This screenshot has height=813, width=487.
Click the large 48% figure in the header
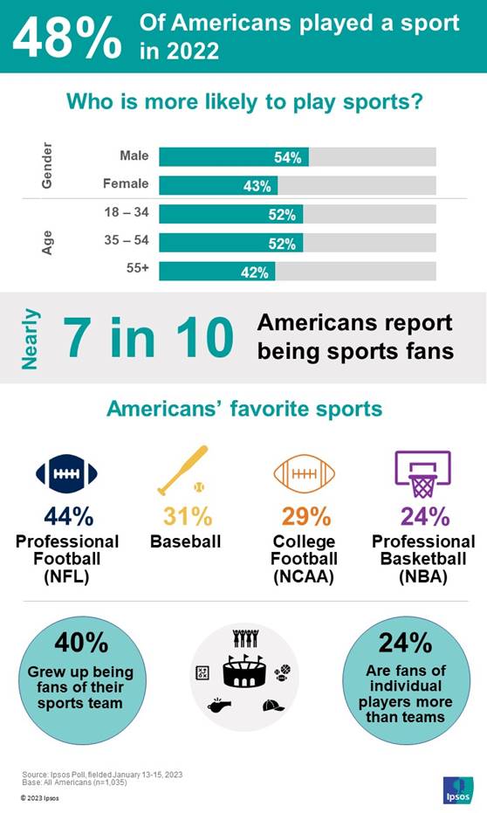tap(66, 37)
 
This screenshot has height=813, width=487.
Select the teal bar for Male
tap(233, 157)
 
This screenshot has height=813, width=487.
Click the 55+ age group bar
tap(216, 272)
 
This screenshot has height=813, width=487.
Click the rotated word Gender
tap(47, 165)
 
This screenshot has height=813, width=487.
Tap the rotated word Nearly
tap(31, 338)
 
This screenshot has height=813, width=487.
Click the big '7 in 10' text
tap(148, 338)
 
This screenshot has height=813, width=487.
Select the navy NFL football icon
tap(66, 474)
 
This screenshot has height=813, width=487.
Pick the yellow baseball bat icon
tap(182, 470)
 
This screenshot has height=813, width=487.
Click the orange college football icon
tap(304, 474)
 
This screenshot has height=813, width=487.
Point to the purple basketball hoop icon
tap(423, 472)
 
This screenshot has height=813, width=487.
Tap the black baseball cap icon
tap(273, 705)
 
